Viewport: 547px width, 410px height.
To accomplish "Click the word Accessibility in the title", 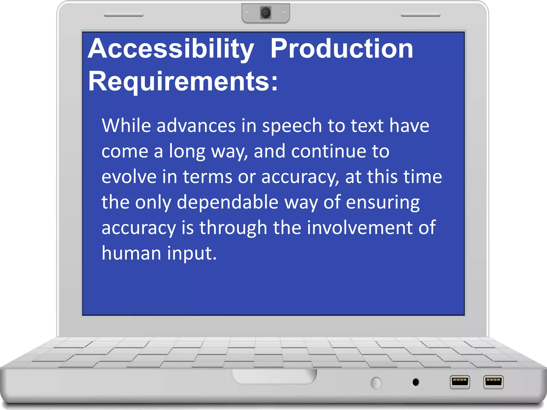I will tap(171, 49).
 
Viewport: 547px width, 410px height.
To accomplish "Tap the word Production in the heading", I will tap(342, 49).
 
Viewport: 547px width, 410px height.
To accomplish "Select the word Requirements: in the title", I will tap(183, 81).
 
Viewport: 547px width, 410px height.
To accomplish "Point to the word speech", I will tap(292, 126).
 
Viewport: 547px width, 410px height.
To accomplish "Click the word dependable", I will tap(228, 202).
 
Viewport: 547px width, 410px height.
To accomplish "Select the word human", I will tap(131, 253).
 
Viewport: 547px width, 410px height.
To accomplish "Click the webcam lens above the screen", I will tap(266, 13).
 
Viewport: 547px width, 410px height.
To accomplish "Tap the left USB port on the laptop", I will tap(460, 382).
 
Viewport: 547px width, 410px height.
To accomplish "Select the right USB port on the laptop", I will tap(493, 382).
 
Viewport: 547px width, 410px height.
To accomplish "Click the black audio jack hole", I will tap(416, 382).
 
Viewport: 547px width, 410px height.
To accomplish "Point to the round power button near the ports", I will tap(376, 383).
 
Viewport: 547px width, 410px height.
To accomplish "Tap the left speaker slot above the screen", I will tap(123, 15).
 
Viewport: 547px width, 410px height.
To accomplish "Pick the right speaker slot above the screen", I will tap(420, 15).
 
